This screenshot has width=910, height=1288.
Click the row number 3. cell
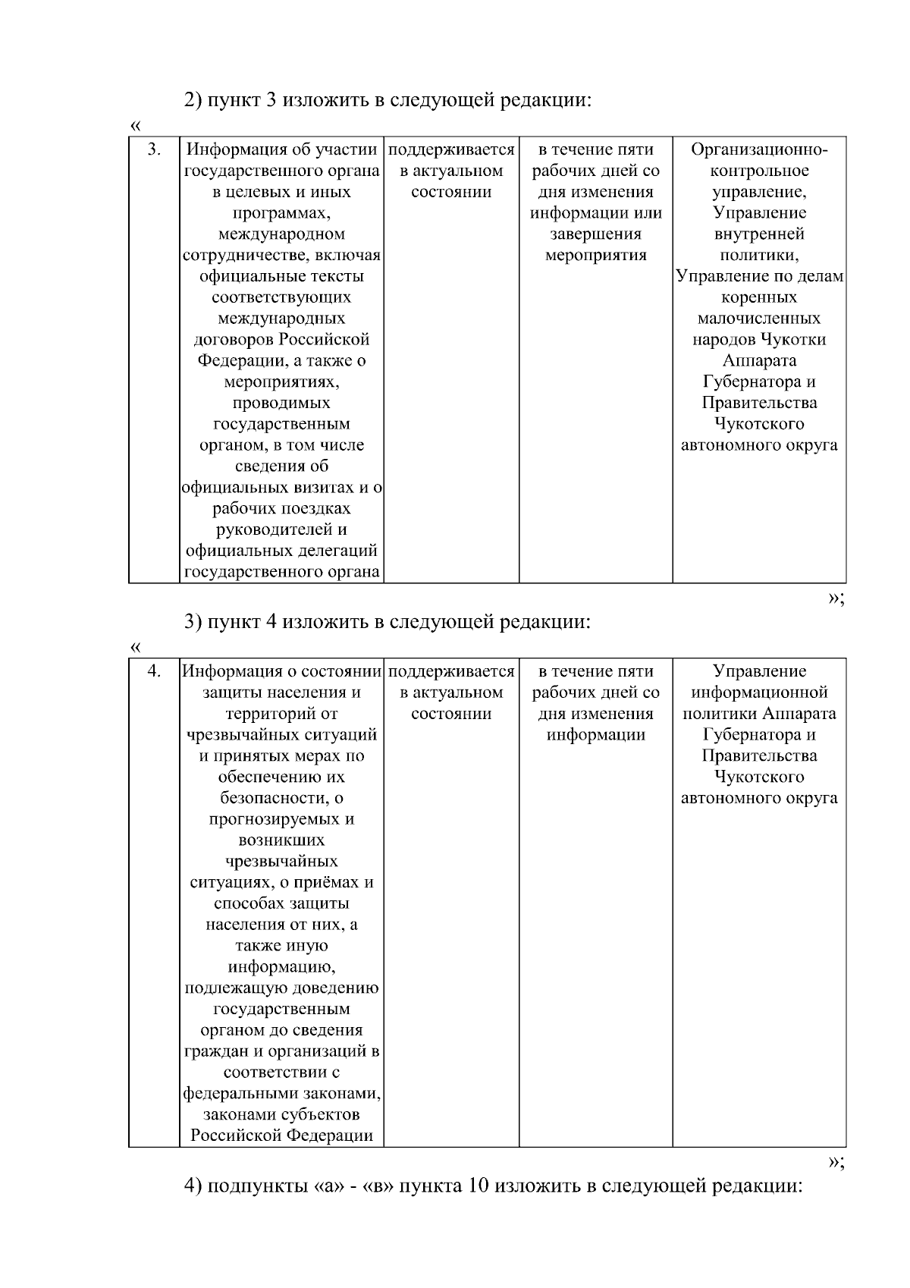tap(154, 149)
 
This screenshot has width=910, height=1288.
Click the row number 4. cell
tap(154, 671)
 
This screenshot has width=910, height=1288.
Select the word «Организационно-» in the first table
tap(759, 149)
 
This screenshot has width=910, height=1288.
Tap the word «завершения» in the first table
tap(595, 234)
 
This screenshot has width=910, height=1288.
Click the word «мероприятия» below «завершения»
tap(595, 256)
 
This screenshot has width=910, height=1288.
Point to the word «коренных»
tap(759, 297)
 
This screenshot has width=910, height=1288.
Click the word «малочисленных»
tap(759, 319)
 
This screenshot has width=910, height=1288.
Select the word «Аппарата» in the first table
tap(759, 361)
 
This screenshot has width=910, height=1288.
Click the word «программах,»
tap(281, 213)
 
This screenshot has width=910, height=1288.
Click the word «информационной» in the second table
tap(759, 693)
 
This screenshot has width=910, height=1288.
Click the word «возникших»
tap(281, 840)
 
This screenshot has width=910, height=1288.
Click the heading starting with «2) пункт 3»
tap(388, 100)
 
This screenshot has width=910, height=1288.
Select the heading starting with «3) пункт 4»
tap(388, 622)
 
